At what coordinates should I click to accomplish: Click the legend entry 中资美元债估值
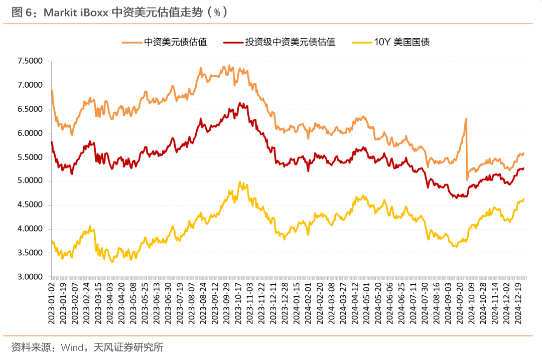(x=175, y=42)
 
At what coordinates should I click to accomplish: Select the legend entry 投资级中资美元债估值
(x=290, y=42)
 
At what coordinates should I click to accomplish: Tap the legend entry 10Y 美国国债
(x=401, y=42)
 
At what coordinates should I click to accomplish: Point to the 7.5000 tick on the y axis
(x=30, y=61)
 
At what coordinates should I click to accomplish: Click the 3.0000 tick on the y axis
(x=30, y=277)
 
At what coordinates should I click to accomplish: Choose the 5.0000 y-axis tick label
(x=30, y=181)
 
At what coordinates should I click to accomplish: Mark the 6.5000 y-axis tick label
(x=30, y=109)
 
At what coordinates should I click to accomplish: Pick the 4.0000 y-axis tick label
(x=30, y=229)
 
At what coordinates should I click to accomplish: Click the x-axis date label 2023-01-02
(x=52, y=303)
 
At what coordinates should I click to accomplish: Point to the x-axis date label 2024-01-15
(x=297, y=303)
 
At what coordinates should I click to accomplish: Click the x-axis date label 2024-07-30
(x=426, y=303)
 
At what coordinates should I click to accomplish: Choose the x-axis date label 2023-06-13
(x=157, y=303)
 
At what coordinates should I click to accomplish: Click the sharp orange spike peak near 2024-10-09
(x=466, y=119)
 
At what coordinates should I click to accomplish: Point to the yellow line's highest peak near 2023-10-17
(x=240, y=182)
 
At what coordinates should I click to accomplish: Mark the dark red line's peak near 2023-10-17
(x=240, y=103)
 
